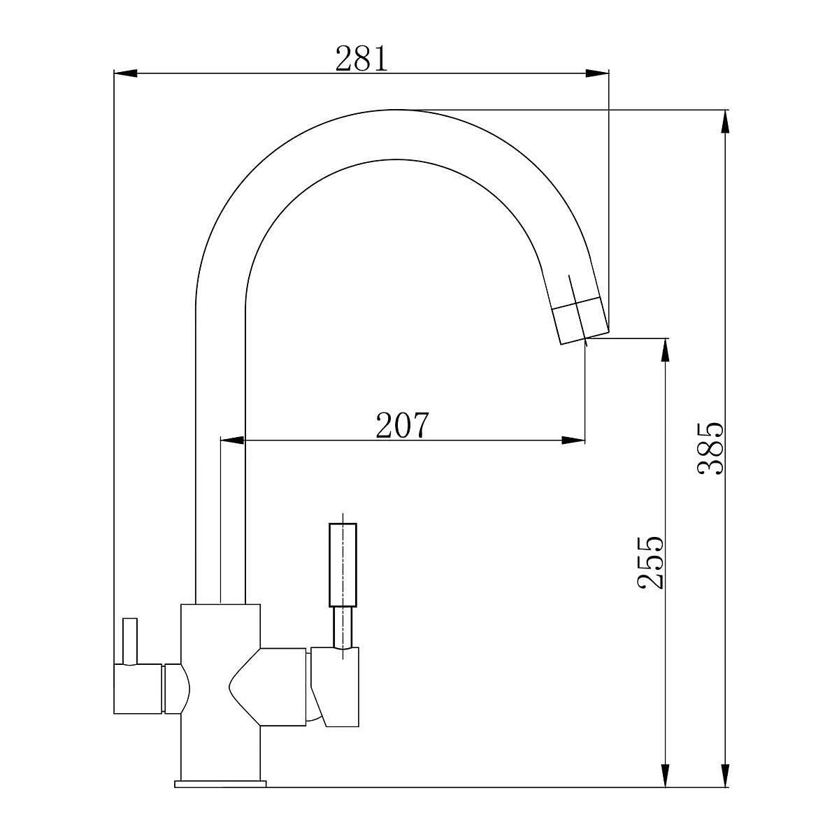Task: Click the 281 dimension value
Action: pyautogui.click(x=361, y=58)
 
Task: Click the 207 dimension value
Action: pyautogui.click(x=402, y=425)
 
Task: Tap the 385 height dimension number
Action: pyautogui.click(x=710, y=448)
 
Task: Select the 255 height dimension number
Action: pyautogui.click(x=650, y=562)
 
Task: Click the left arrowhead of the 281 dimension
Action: pyautogui.click(x=125, y=73)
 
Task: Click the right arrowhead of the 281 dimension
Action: pyautogui.click(x=597, y=73)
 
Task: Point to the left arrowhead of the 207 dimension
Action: pyautogui.click(x=233, y=440)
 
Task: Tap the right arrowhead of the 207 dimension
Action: pyautogui.click(x=573, y=440)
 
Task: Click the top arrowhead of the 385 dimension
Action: pyautogui.click(x=725, y=121)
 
